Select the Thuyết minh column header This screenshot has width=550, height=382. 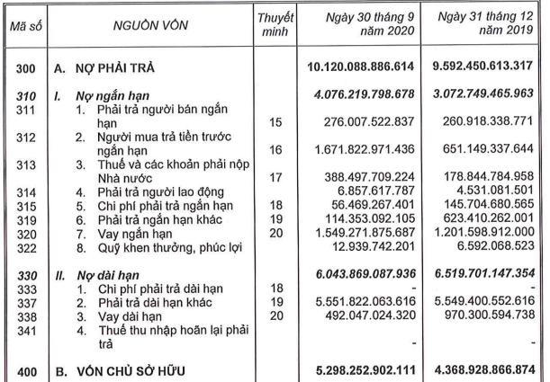275,26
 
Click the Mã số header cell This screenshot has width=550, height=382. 23,27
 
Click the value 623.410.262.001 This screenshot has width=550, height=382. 490,218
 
